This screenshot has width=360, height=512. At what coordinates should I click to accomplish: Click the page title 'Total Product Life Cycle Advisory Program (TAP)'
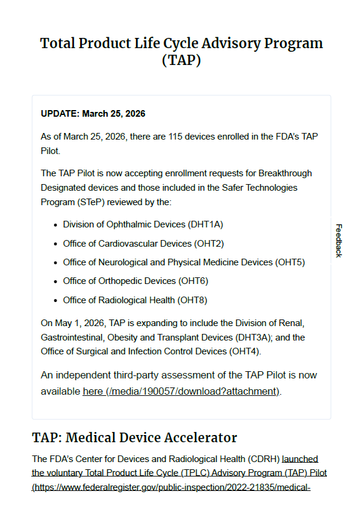pos(181,52)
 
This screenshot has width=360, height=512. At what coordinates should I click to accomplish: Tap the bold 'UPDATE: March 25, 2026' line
pos(93,113)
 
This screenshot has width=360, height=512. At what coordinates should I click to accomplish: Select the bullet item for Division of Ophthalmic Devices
pos(143,224)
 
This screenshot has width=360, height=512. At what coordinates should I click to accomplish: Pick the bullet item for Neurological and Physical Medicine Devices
pos(184,262)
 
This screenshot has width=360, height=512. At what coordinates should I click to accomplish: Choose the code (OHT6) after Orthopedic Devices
pos(193,281)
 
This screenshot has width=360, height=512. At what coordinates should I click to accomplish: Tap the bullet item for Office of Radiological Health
pos(135,300)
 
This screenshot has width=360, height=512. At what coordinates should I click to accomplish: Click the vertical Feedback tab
pos(338,241)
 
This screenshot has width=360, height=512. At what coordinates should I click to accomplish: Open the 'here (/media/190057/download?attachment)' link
pos(181,391)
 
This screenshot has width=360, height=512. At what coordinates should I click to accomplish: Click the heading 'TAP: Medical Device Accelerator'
pos(134,437)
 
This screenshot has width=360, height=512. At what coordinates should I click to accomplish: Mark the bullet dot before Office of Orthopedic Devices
pos(56,281)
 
